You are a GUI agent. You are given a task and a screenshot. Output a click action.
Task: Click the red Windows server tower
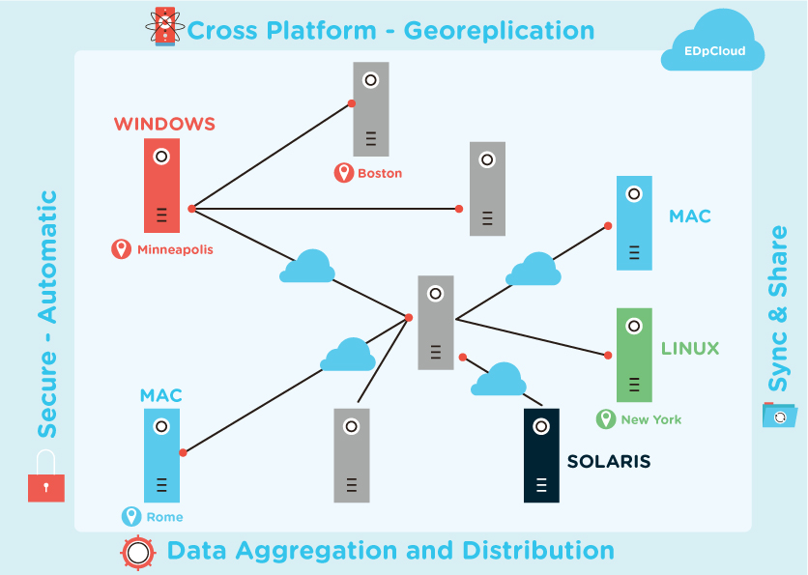161,186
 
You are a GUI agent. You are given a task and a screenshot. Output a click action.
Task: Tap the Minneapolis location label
174,249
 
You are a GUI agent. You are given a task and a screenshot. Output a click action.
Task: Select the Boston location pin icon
343,173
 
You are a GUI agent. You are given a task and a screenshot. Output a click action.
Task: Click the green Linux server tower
634,355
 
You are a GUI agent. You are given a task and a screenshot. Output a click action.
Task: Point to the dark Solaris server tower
541,455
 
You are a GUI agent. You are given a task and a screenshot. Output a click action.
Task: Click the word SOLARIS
608,462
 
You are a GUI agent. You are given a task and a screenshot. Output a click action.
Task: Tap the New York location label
650,419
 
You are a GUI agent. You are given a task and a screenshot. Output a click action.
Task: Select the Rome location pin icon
131,517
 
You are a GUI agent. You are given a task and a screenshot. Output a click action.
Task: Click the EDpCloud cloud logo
713,44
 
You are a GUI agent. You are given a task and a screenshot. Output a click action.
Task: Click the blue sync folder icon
779,415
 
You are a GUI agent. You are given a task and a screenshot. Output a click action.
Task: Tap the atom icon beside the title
164,27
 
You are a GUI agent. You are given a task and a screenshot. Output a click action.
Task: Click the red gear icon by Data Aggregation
138,552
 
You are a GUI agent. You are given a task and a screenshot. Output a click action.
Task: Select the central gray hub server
436,322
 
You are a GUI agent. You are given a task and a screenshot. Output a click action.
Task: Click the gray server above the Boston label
370,108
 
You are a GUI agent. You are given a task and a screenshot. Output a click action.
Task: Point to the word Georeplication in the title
499,30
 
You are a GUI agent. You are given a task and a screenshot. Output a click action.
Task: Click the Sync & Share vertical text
778,309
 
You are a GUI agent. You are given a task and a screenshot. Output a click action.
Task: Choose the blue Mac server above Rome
161,455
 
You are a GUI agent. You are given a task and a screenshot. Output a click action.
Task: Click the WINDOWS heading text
164,124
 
